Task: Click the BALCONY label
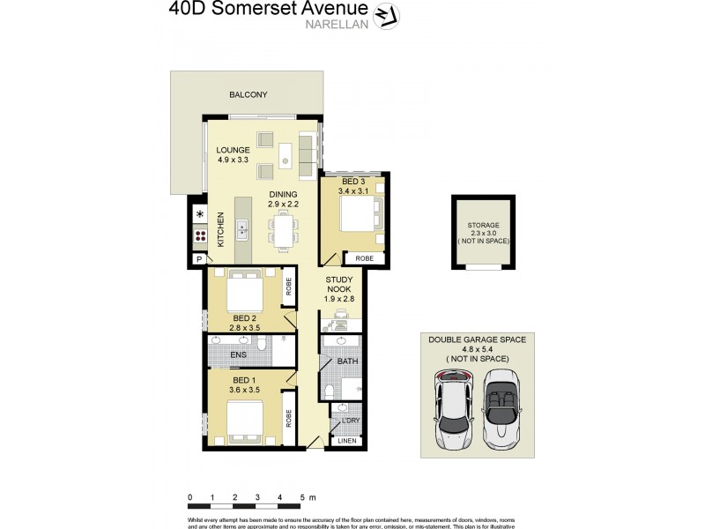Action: point(248,95)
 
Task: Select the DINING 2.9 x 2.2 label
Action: point(284,199)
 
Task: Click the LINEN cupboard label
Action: point(349,440)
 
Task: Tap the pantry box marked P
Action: point(199,259)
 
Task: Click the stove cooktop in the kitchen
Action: point(200,235)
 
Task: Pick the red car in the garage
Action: point(452,406)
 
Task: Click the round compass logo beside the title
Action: point(384,15)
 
